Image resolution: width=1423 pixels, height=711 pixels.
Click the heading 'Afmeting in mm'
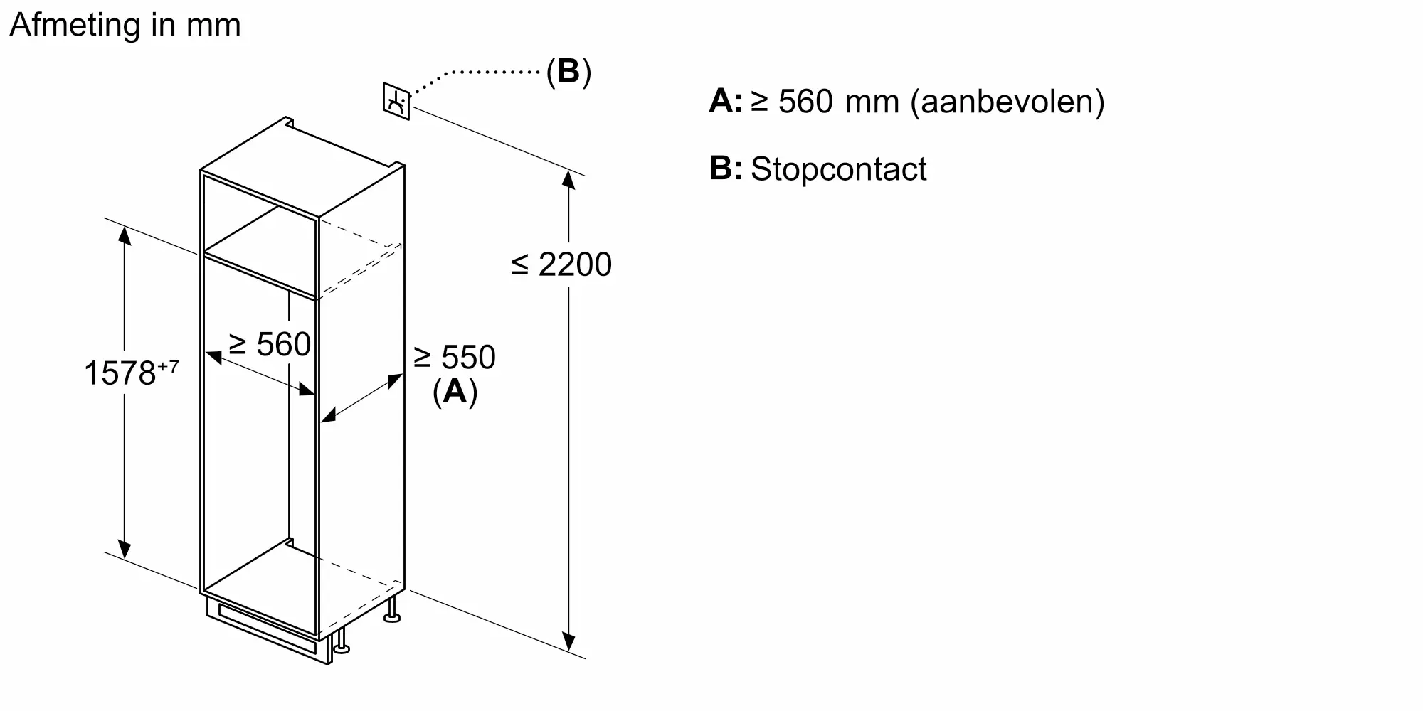[x=125, y=26]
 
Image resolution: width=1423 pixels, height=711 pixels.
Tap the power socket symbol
[x=396, y=101]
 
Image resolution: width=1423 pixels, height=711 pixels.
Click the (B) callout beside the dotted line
[x=568, y=71]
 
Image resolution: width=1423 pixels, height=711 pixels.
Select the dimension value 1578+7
[x=131, y=373]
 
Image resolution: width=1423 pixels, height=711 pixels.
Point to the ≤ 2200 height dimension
[x=561, y=264]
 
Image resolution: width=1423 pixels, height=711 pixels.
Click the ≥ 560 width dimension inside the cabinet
[x=270, y=345]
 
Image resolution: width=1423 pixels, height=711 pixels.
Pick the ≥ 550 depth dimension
[x=455, y=357]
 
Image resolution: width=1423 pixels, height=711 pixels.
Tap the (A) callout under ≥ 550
[x=455, y=391]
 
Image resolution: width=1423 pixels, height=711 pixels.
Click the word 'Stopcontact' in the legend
[x=838, y=169]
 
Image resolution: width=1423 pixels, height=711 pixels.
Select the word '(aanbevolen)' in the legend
[x=1007, y=102]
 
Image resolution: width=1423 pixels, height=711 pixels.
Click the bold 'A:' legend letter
[x=725, y=102]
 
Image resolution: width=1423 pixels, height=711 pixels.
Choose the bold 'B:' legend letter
[x=725, y=169]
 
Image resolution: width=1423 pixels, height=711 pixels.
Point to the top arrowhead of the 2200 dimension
[x=568, y=179]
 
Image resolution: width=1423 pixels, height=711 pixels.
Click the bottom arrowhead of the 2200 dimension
[x=568, y=642]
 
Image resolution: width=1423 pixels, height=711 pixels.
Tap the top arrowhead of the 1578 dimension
[x=125, y=234]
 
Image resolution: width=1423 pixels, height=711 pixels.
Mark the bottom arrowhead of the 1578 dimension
[x=125, y=550]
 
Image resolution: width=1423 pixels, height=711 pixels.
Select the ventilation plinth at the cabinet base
[x=267, y=629]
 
